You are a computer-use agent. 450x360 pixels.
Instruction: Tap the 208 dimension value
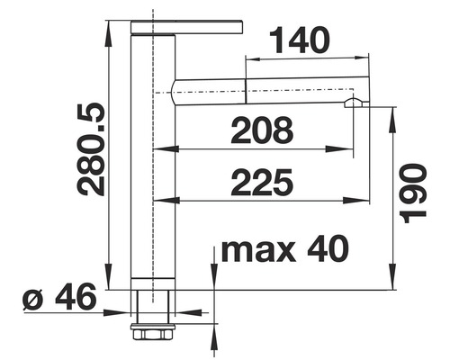[x=262, y=131]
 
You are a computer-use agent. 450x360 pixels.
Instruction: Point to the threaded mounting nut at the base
[x=150, y=330]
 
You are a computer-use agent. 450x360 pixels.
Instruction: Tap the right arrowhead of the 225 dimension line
[x=365, y=199]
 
